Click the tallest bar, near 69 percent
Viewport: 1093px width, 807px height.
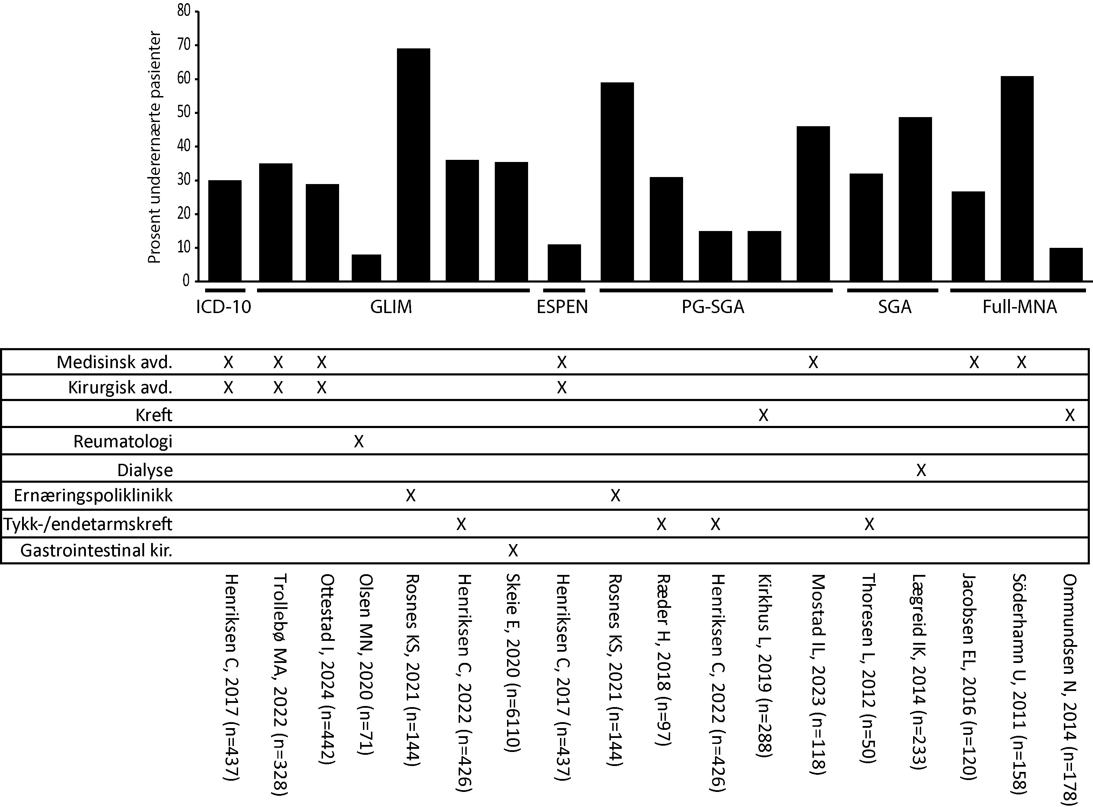pyautogui.click(x=413, y=165)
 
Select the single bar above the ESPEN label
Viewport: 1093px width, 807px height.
pyautogui.click(x=564, y=263)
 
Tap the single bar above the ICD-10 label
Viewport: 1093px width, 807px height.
pyautogui.click(x=225, y=231)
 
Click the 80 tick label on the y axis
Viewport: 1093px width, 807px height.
pyautogui.click(x=184, y=11)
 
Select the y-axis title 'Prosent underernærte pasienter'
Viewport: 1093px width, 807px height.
pyautogui.click(x=154, y=147)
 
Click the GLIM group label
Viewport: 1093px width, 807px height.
pyautogui.click(x=391, y=307)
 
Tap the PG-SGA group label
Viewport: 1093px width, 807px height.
pyautogui.click(x=713, y=307)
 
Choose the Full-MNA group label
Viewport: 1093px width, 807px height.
pyautogui.click(x=1020, y=307)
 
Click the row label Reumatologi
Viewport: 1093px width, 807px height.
pyautogui.click(x=123, y=442)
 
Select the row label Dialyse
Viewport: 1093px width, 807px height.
pyautogui.click(x=145, y=470)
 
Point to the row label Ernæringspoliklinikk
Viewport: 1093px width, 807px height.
pyautogui.click(x=93, y=496)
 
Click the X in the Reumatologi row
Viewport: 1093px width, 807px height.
pyautogui.click(x=359, y=442)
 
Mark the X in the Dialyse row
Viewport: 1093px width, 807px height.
pyautogui.click(x=921, y=470)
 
